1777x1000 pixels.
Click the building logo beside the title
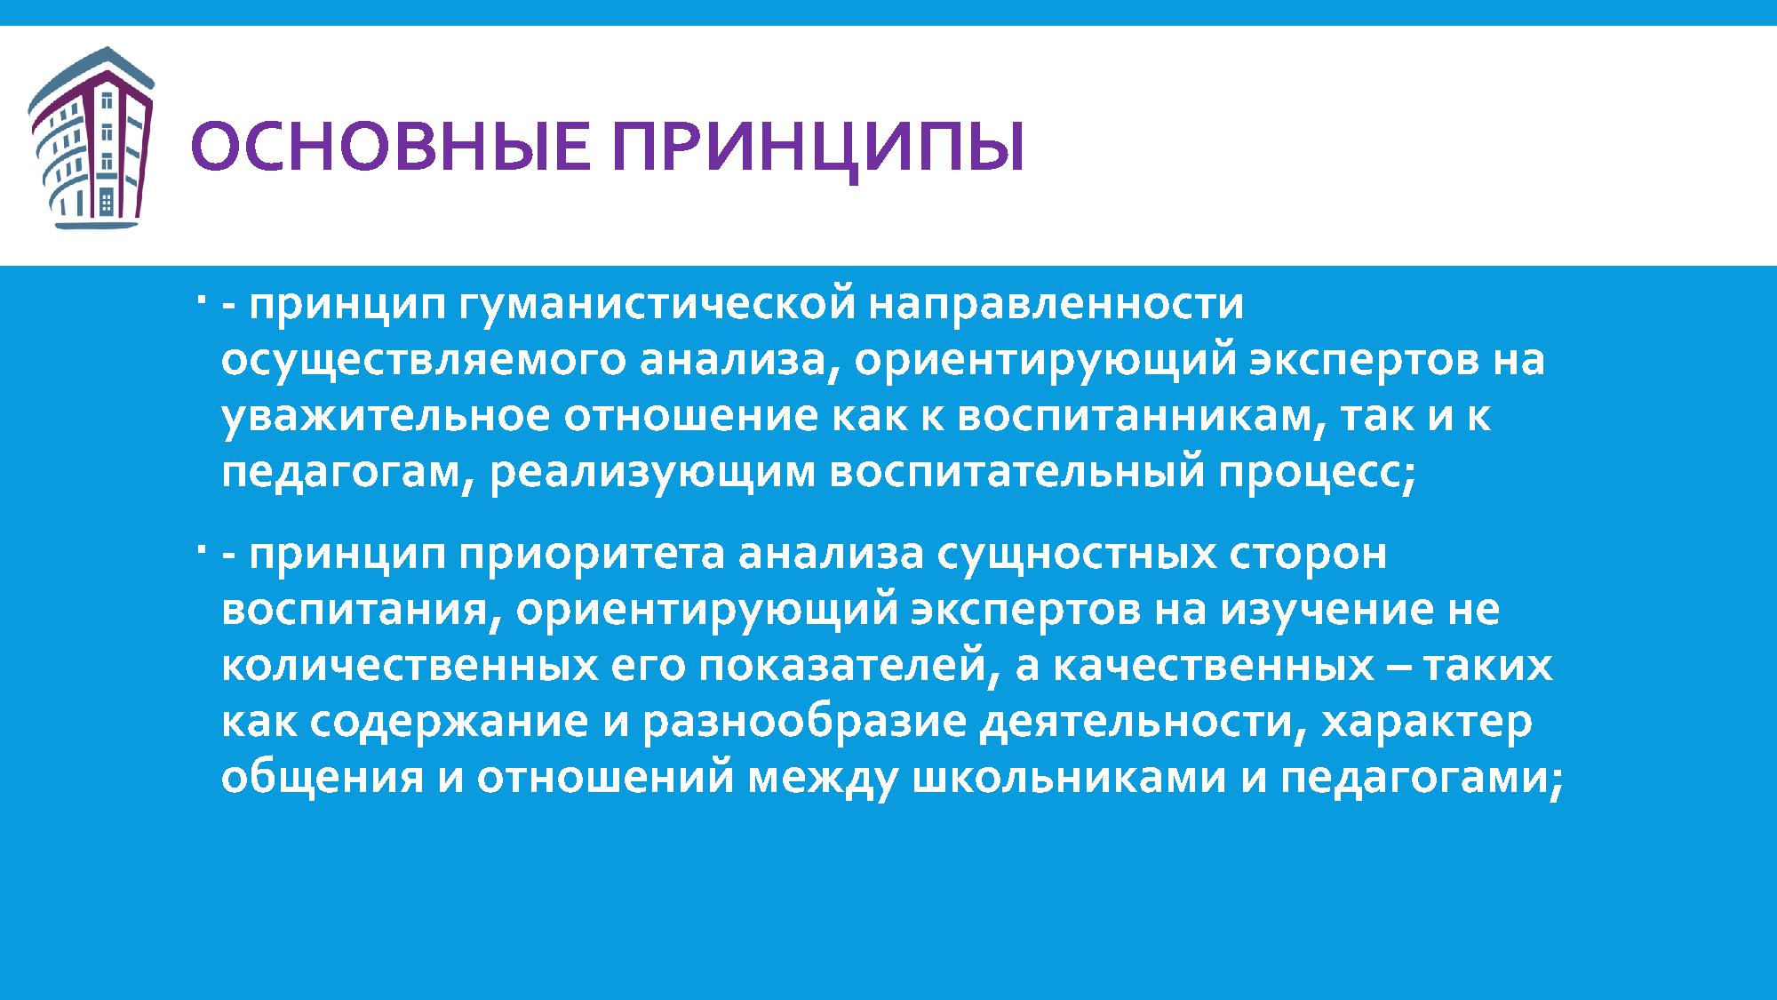(x=91, y=139)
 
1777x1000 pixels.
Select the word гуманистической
(x=657, y=305)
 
